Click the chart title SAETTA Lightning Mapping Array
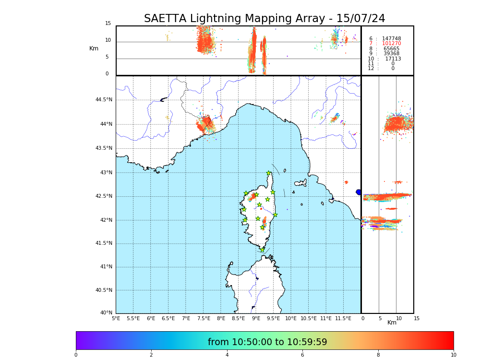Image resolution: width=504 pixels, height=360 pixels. click(264, 19)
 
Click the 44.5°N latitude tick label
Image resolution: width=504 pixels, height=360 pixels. click(103, 100)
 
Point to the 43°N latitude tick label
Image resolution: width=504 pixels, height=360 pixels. click(105, 173)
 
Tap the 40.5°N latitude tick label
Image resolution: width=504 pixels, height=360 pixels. click(103, 290)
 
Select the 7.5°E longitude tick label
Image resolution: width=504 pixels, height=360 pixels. click(204, 318)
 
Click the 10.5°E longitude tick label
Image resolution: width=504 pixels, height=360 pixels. click(308, 318)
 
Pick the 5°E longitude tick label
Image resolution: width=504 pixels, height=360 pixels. click(116, 318)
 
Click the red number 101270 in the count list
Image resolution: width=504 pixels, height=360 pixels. click(391, 44)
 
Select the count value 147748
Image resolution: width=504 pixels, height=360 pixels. click(391, 39)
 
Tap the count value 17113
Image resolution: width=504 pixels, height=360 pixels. click(393, 59)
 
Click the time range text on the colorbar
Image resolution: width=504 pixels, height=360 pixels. click(267, 342)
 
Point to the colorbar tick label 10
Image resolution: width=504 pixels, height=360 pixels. click(453, 355)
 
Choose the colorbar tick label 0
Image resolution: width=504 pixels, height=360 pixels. click(76, 355)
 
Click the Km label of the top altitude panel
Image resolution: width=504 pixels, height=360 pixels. click(94, 48)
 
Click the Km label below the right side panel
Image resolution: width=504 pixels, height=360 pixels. click(392, 323)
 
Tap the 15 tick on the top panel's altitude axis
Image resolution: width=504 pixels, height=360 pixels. click(108, 24)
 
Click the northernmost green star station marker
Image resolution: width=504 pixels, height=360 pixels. click(269, 173)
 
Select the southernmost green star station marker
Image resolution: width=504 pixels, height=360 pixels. click(262, 250)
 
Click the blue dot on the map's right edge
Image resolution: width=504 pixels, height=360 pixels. click(359, 192)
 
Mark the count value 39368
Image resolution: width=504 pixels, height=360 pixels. click(391, 54)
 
